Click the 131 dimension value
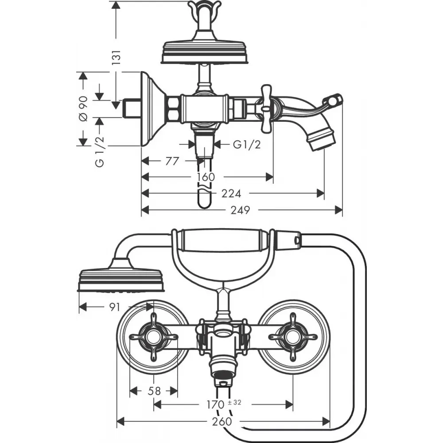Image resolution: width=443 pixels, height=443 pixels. (x=117, y=57)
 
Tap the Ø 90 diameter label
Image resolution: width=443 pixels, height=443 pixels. (x=83, y=109)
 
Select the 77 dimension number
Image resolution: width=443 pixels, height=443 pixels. (x=172, y=161)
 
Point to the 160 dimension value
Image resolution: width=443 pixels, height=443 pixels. (x=206, y=177)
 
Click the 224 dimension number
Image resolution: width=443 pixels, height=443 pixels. (x=231, y=194)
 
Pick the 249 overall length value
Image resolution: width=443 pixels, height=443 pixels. (x=241, y=210)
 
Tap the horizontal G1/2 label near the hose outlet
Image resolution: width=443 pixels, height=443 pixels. (x=247, y=145)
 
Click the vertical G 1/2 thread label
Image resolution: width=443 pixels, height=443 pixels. (x=99, y=152)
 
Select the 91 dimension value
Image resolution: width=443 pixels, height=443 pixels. (x=115, y=307)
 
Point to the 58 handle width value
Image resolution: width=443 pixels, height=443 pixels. (x=154, y=391)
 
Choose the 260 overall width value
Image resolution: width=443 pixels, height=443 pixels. (x=222, y=422)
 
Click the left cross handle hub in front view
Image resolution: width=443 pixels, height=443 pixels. (x=154, y=337)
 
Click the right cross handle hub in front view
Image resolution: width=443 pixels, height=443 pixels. (x=293, y=337)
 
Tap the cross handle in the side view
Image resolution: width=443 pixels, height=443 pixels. (x=267, y=108)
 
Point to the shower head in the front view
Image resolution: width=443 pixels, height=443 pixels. (x=121, y=280)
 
